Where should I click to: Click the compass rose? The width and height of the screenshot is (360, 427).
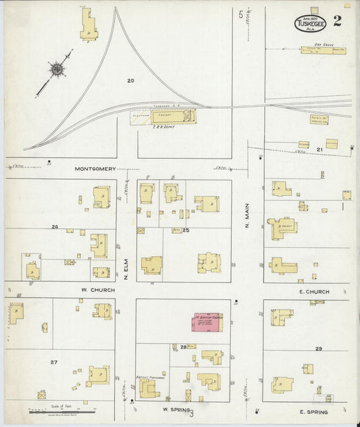click(x=57, y=68)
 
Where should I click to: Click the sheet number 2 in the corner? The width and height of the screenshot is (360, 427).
click(x=336, y=20)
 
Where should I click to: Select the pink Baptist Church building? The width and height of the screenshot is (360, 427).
click(x=209, y=322)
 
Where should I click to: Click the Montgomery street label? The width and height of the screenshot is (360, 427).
click(x=95, y=169)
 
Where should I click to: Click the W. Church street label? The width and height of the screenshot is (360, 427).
click(x=95, y=290)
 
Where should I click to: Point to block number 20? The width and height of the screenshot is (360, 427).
click(x=130, y=80)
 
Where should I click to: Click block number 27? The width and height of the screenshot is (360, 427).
click(x=53, y=362)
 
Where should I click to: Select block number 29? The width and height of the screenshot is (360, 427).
click(x=317, y=348)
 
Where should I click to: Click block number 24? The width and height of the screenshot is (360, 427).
click(x=53, y=227)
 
